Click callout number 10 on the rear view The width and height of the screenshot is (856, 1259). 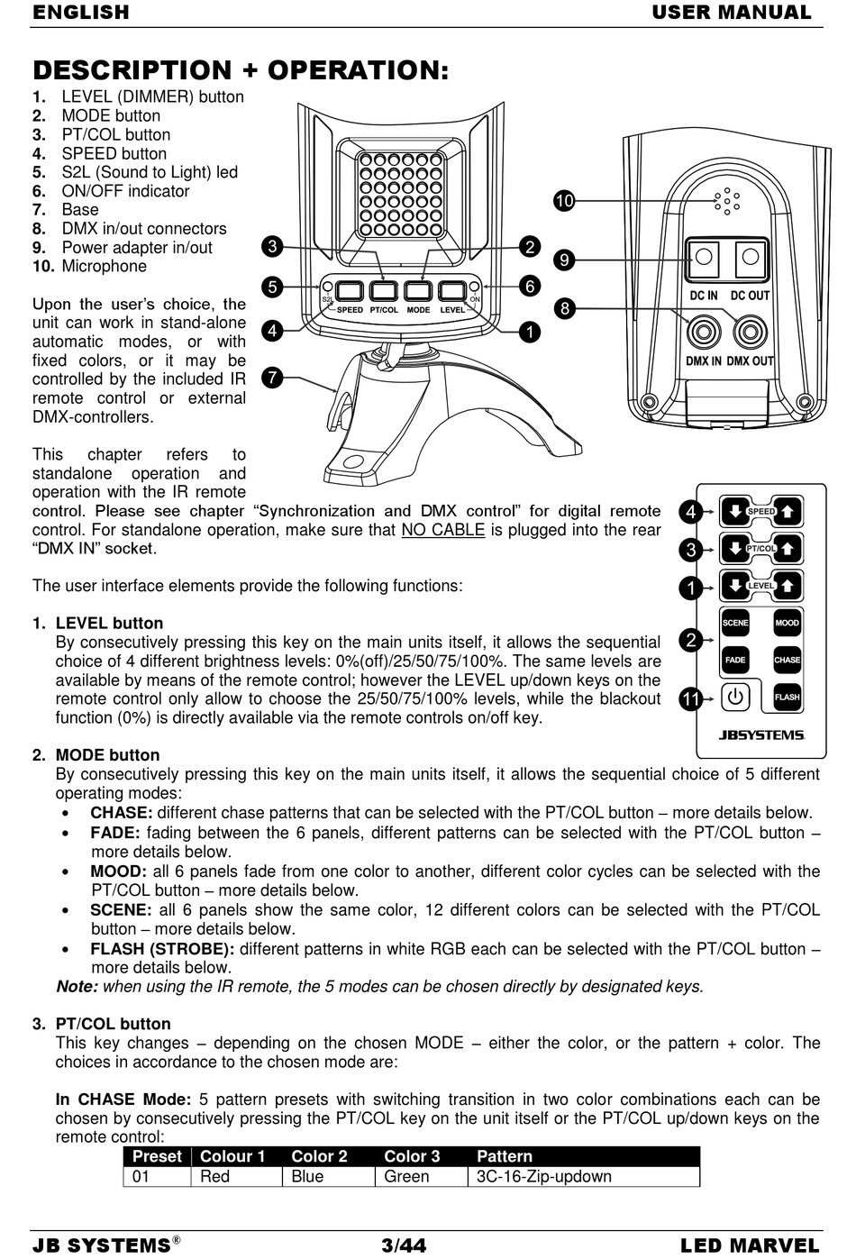click(564, 201)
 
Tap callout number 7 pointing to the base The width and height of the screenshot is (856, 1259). click(270, 377)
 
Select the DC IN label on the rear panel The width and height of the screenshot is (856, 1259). click(704, 296)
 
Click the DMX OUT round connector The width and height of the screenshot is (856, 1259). click(750, 332)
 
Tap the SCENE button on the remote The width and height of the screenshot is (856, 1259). click(735, 623)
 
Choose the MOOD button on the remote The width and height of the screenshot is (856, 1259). click(787, 623)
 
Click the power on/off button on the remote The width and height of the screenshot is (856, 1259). click(735, 697)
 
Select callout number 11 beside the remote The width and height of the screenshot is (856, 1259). click(690, 698)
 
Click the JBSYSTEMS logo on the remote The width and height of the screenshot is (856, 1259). click(761, 734)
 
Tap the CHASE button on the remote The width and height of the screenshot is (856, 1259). click(787, 660)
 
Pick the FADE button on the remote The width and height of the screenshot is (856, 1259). click(735, 660)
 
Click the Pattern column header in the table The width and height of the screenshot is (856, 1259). click(505, 1156)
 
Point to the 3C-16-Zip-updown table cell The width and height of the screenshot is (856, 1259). click(543, 1176)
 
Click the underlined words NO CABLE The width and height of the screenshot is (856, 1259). click(442, 530)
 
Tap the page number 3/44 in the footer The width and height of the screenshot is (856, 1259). click(404, 1245)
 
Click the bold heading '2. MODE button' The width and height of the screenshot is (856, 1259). click(107, 755)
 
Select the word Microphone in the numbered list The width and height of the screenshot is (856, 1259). click(104, 266)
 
